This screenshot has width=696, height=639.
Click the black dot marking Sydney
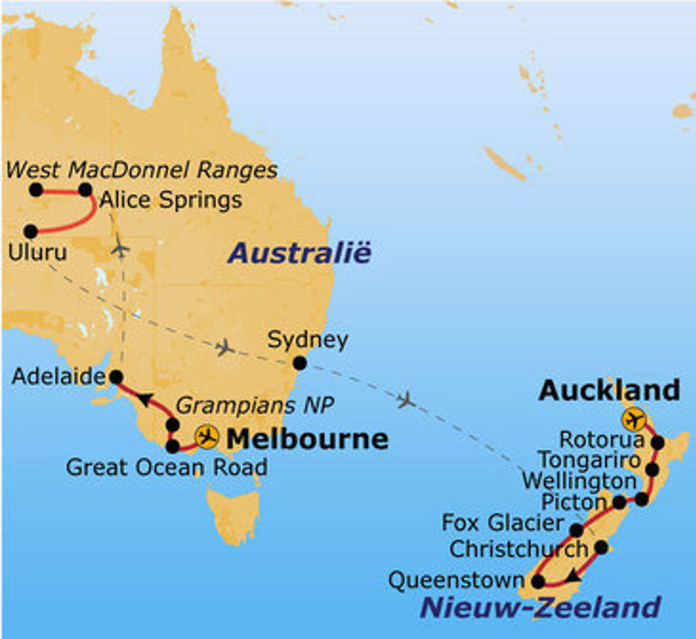299,363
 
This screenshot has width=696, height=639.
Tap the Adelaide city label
58,376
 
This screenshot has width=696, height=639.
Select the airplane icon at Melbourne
206,436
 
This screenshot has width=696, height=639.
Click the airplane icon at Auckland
634,419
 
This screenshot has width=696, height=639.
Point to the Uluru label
37,252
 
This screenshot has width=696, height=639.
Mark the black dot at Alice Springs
85,190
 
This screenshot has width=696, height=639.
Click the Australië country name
299,254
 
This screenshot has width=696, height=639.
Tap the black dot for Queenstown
538,582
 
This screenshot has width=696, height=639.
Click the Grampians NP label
255,406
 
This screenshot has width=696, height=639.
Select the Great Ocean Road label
166,467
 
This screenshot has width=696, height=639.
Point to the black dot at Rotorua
657,443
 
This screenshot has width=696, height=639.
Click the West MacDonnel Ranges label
141,169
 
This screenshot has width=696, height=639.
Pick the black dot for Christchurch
601,547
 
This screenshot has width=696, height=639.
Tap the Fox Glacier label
503,523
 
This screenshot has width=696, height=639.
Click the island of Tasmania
233,513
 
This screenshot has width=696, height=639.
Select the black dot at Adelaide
116,376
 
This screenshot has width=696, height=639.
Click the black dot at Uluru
31,231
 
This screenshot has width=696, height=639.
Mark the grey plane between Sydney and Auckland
406,400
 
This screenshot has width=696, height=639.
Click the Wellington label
578,481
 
